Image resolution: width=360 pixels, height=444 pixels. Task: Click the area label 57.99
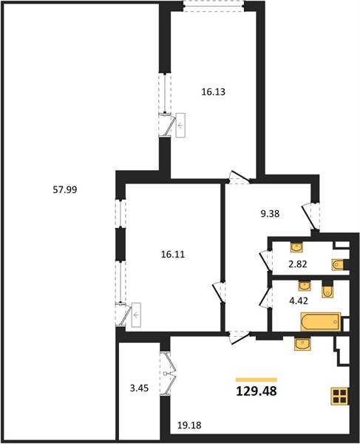tap(65, 189)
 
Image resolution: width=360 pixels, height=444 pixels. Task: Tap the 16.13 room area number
tap(213, 92)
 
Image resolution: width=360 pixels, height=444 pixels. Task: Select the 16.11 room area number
tap(173, 255)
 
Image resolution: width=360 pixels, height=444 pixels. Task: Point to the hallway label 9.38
tap(270, 214)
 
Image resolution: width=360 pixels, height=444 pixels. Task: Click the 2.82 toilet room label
tap(298, 264)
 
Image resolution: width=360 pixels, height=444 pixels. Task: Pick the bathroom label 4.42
tap(299, 300)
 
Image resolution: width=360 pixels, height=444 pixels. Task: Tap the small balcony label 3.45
tap(139, 388)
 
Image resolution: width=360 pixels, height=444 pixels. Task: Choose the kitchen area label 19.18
tap(189, 425)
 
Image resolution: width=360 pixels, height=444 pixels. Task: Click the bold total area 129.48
tap(257, 391)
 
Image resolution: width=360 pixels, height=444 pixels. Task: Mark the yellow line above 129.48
tap(257, 380)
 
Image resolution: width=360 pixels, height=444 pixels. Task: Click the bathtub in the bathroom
tap(321, 322)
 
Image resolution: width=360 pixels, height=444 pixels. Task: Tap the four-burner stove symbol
tap(339, 396)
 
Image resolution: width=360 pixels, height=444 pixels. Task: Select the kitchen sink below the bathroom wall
tap(302, 344)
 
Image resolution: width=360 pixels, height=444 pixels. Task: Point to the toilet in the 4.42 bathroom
tap(327, 289)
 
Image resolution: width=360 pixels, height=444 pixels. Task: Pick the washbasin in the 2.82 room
tap(296, 247)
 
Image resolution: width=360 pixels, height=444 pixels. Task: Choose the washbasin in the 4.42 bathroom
tap(305, 286)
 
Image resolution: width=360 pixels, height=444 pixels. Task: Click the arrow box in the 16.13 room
tap(180, 125)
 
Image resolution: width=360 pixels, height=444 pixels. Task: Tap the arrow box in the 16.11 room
tap(136, 315)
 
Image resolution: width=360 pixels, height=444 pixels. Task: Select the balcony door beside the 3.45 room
tap(169, 373)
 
